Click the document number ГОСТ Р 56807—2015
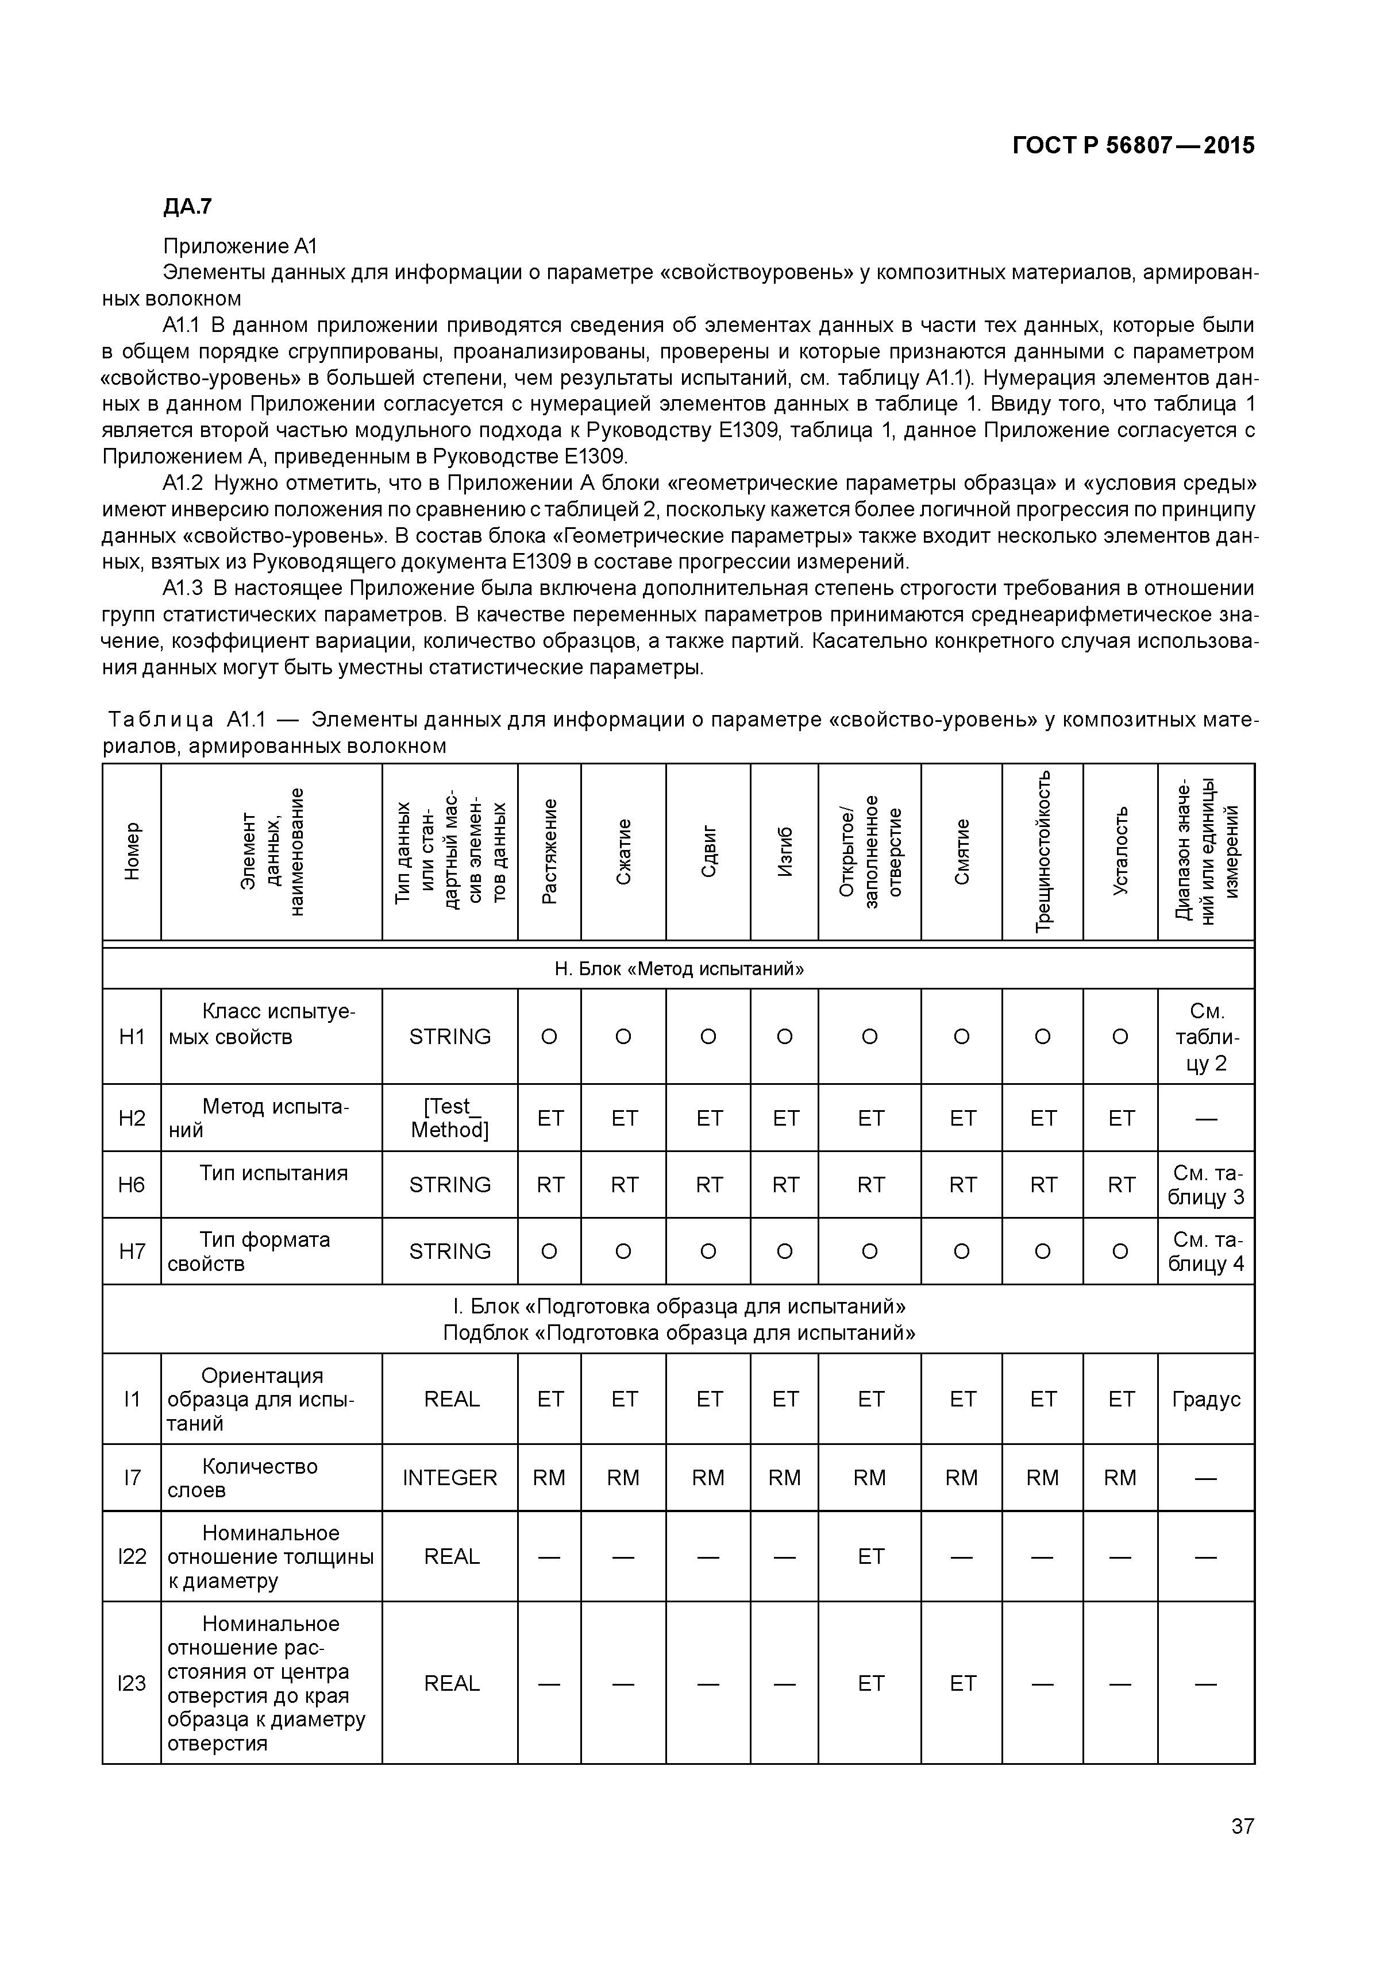[1133, 146]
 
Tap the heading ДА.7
[187, 207]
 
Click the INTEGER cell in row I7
[449, 1477]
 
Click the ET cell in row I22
[870, 1556]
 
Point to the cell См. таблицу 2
[1206, 1037]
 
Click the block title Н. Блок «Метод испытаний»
[679, 969]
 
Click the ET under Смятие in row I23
[962, 1683]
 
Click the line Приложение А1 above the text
[240, 247]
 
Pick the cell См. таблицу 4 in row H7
[1206, 1251]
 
